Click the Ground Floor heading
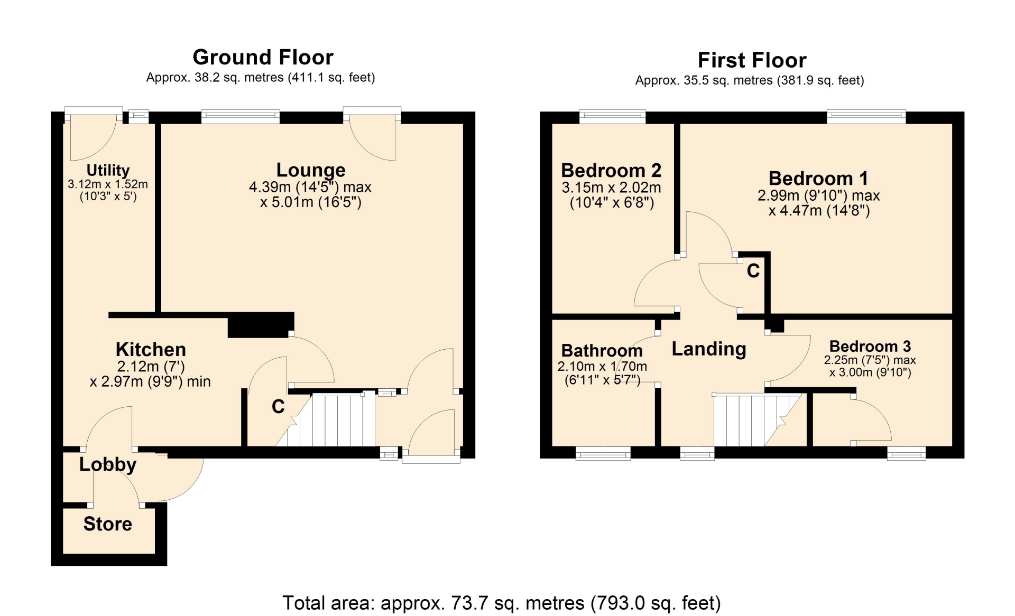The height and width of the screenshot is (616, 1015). pyautogui.click(x=263, y=57)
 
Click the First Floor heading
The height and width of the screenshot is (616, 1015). pyautogui.click(x=752, y=60)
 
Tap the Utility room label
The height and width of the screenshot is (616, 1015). pyautogui.click(x=108, y=170)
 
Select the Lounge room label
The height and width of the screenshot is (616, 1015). pyautogui.click(x=311, y=170)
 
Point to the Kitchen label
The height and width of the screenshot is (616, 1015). pyautogui.click(x=151, y=349)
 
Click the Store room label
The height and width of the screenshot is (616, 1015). pyautogui.click(x=108, y=524)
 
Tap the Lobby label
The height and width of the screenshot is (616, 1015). pyautogui.click(x=108, y=464)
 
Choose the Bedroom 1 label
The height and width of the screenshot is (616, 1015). pyautogui.click(x=818, y=178)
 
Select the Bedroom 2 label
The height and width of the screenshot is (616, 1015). pyautogui.click(x=611, y=170)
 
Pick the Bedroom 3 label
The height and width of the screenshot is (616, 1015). pyautogui.click(x=870, y=346)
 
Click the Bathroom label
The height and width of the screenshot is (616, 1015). pyautogui.click(x=602, y=350)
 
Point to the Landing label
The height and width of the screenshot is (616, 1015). pyautogui.click(x=709, y=349)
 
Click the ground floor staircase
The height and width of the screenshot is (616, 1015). pyautogui.click(x=325, y=420)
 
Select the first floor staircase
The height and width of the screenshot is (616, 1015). pyautogui.click(x=758, y=421)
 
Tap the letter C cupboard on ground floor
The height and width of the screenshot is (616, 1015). pyautogui.click(x=278, y=406)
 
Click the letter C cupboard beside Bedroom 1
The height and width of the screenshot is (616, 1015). pyautogui.click(x=753, y=271)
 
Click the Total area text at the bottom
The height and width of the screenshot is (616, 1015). pyautogui.click(x=502, y=603)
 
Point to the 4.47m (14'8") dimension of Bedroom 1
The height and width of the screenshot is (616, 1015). pyautogui.click(x=819, y=211)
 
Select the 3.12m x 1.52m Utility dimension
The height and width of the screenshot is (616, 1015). pyautogui.click(x=108, y=184)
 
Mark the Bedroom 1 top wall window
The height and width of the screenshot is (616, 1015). pyautogui.click(x=866, y=116)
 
